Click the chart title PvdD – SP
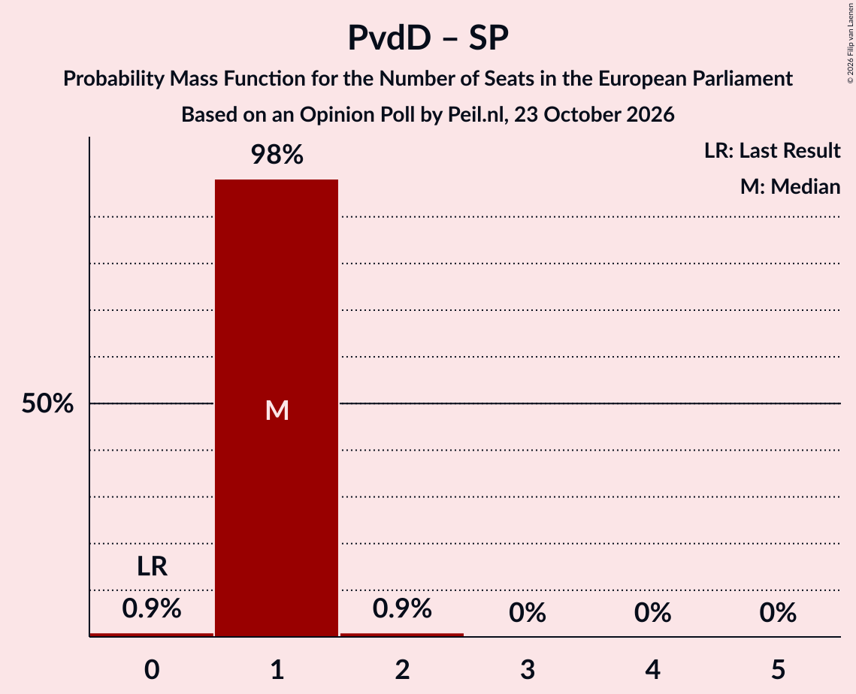click(x=428, y=38)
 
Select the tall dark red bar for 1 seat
click(x=277, y=408)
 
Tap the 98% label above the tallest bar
click(x=277, y=155)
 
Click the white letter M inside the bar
click(x=277, y=410)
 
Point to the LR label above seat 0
click(x=152, y=566)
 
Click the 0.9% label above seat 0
click(x=152, y=608)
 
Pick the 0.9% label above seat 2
click(x=402, y=608)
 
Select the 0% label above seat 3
click(x=528, y=613)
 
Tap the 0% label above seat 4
click(x=653, y=613)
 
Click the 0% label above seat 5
click(x=778, y=613)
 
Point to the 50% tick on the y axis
click(x=47, y=404)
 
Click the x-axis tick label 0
click(x=152, y=670)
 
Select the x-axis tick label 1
click(x=277, y=670)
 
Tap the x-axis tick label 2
click(x=402, y=670)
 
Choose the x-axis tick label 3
click(x=528, y=670)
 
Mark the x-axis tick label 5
click(x=778, y=670)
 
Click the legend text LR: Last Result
click(x=772, y=150)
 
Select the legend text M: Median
click(x=790, y=186)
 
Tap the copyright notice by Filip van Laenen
click(x=850, y=43)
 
